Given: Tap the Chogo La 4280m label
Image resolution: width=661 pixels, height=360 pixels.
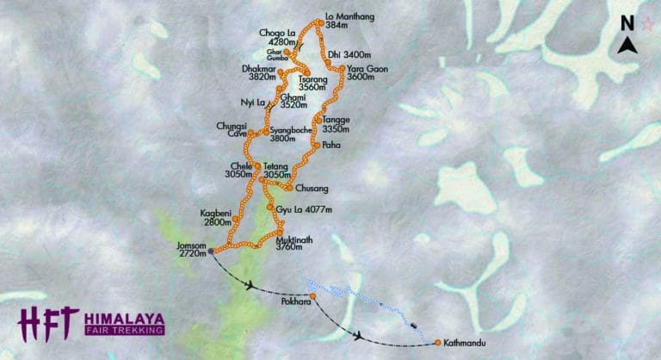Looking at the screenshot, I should pos(277,37).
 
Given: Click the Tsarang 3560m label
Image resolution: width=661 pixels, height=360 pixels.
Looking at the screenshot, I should pos(312,82).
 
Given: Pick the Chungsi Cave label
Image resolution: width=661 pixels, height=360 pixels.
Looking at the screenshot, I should pos(231,129).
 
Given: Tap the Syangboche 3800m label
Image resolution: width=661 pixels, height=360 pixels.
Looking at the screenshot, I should pos(288,133).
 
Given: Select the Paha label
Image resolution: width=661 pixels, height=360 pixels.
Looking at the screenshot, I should pos(330,146).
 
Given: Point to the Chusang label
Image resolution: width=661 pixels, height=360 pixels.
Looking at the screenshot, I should pos(312,188).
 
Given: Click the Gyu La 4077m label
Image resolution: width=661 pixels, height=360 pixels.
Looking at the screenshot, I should pos(304,209).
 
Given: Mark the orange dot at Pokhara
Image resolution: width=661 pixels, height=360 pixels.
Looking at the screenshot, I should pos(313,296).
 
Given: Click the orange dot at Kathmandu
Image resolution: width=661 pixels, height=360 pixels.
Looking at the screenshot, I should pos(437,342).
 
